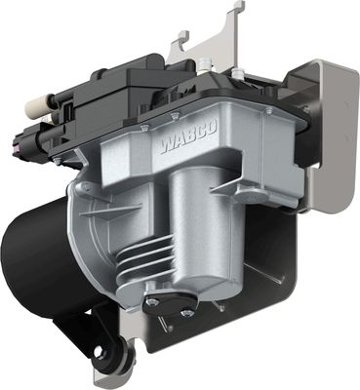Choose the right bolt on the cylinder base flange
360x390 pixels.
tap(186, 312)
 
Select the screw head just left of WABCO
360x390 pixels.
tap(143, 128)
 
